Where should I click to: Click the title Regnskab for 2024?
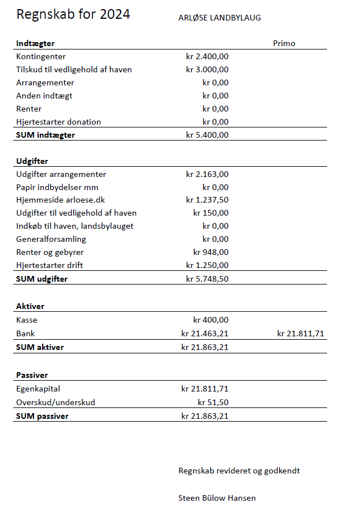(73, 15)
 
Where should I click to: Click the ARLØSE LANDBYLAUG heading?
(220, 18)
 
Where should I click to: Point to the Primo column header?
(284, 43)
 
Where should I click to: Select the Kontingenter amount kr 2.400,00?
(207, 56)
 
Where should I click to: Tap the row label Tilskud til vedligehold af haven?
(74, 69)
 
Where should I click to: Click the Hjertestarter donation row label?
(59, 122)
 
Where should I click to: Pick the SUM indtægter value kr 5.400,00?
(207, 135)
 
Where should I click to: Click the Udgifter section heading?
(32, 161)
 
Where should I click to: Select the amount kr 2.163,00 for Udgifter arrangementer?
(207, 174)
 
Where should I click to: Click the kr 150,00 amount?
(211, 213)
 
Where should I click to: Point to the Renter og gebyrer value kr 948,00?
(211, 252)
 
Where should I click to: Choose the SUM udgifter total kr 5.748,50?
(207, 279)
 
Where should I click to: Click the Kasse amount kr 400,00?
(211, 320)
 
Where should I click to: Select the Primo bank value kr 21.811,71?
(300, 333)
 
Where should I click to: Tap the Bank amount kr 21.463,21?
(205, 333)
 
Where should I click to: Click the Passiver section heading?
(32, 375)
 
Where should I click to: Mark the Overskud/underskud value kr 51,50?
(213, 402)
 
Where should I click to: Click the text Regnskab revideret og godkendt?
(239, 471)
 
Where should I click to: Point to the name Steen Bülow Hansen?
(217, 498)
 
